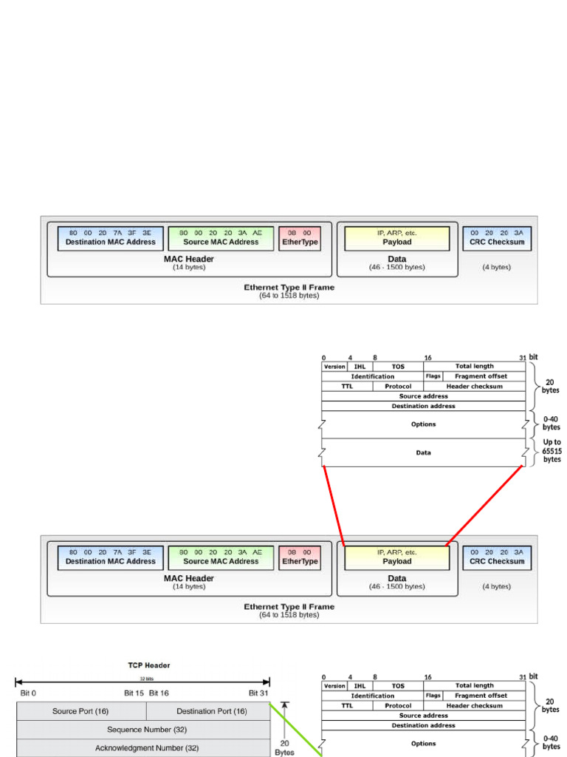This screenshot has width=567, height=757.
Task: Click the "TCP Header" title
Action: coord(148,665)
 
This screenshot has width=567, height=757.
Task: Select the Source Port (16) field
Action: coord(81,711)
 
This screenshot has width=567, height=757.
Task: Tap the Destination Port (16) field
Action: coord(211,711)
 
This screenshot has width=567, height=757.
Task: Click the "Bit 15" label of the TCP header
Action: coord(134,693)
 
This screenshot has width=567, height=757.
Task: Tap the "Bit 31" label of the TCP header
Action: coord(258,693)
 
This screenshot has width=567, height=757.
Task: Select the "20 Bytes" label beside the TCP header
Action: coord(284,748)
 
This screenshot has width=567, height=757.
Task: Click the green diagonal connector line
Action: coord(295,727)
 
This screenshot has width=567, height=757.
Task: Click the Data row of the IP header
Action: coord(423,452)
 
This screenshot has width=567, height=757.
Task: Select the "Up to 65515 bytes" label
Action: coord(551,451)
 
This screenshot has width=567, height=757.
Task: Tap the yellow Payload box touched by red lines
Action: coord(397,557)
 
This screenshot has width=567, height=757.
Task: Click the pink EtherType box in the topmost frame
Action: coord(300,238)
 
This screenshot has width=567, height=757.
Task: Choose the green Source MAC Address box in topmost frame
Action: coord(221,238)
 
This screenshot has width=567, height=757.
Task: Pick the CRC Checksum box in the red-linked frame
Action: coord(497,557)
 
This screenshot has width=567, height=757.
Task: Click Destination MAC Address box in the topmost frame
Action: coord(111,238)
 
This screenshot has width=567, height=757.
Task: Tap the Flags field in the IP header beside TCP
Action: coord(433,696)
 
